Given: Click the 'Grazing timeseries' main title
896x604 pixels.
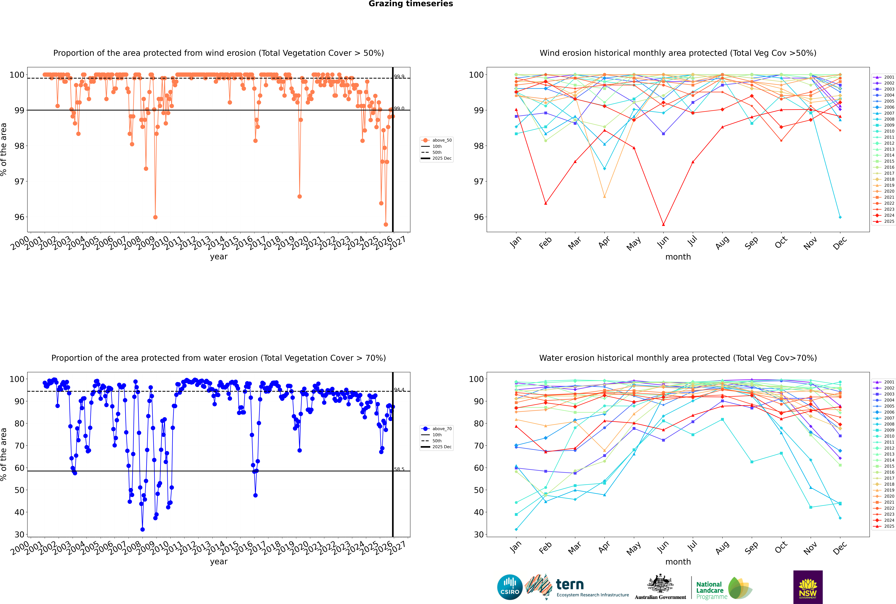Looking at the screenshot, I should coord(411,4).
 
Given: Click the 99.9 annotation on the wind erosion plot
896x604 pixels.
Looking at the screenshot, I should coord(399,77).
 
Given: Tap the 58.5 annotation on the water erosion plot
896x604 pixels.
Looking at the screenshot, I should coord(399,469).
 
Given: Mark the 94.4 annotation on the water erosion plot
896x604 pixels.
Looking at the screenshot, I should coord(399,390).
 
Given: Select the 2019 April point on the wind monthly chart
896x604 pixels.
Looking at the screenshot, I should coord(604,196).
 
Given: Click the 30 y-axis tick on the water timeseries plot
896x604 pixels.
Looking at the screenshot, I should coord(19,535).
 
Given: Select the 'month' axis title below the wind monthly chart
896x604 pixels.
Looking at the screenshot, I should coord(678,257).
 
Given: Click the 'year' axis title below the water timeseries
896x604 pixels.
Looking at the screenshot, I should coord(218,562).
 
